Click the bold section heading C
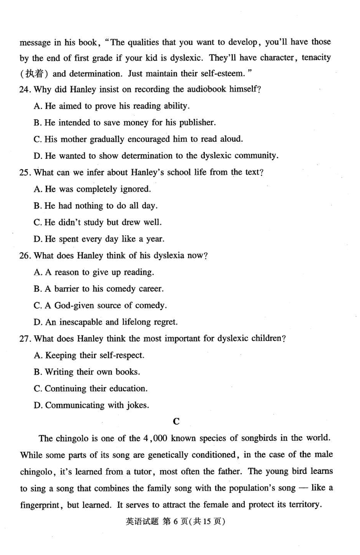176,421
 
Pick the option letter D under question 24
38,156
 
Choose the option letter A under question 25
38,189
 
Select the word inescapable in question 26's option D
82,322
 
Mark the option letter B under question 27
38,372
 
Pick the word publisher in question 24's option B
197,122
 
